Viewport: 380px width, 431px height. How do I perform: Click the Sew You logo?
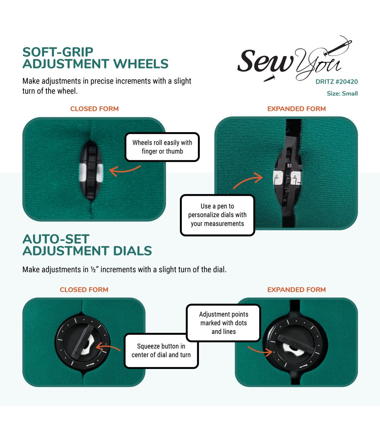[290, 62]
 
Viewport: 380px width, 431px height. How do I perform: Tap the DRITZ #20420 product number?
[337, 82]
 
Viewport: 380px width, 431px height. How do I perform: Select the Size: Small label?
[342, 93]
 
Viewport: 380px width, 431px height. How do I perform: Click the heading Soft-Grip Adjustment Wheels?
[95, 58]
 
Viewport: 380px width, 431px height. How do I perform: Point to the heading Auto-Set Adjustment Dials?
[87, 245]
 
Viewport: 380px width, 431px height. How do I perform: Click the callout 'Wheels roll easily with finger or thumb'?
[162, 147]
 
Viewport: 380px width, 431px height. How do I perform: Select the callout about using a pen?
[217, 215]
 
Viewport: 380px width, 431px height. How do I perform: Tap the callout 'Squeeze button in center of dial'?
[161, 351]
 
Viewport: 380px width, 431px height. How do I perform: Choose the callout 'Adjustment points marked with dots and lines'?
[224, 323]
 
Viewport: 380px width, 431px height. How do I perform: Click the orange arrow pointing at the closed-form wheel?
[124, 170]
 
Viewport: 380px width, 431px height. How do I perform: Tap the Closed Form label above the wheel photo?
[94, 109]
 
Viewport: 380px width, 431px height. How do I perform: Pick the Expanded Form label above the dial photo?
[296, 290]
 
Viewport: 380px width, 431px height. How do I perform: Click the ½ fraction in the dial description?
[93, 269]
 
